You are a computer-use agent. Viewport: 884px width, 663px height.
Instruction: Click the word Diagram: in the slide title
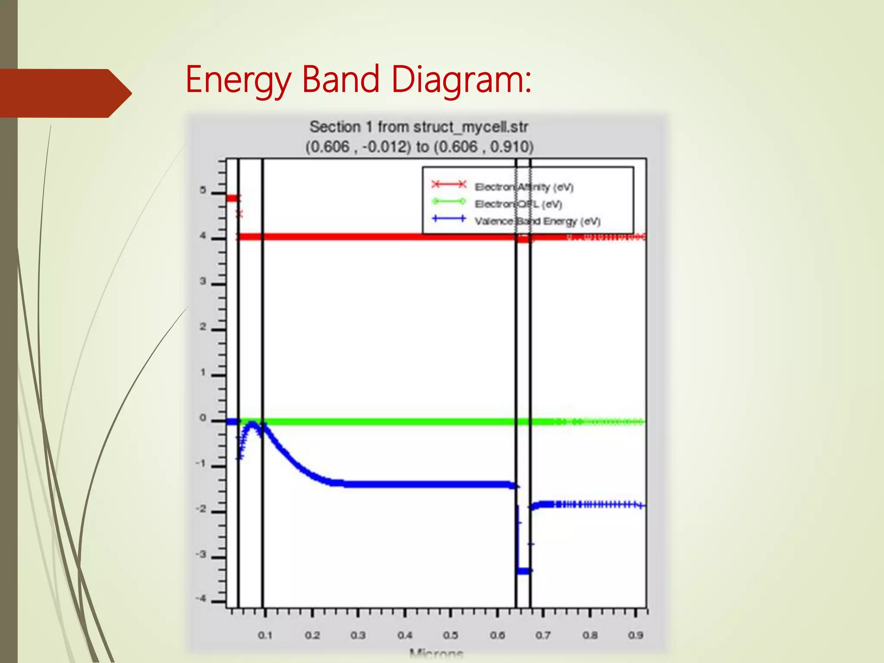tap(461, 80)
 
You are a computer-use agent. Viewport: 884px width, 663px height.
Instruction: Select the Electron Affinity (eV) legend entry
tap(524, 187)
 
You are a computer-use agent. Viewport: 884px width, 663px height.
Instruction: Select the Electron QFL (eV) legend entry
tap(518, 204)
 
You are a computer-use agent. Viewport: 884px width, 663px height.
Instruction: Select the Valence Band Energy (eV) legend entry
tap(537, 221)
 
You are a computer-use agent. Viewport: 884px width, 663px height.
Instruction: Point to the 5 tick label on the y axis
tap(203, 190)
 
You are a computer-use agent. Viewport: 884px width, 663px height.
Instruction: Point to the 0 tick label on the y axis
tap(203, 418)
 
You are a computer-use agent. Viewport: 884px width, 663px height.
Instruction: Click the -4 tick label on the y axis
tap(201, 599)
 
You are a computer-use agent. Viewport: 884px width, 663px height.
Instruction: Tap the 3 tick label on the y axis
tap(203, 281)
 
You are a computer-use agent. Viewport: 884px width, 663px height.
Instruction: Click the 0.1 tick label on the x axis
tap(265, 635)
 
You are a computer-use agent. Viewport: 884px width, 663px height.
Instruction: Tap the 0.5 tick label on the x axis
tap(450, 635)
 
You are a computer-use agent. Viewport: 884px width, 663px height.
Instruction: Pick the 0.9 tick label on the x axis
tap(635, 635)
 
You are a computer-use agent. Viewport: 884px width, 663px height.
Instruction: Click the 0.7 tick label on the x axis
tap(543, 635)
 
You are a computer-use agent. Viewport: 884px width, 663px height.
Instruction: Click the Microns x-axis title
tap(436, 654)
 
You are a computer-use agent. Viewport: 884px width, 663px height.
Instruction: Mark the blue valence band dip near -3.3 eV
tap(524, 571)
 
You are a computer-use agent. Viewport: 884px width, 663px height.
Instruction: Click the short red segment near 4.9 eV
tap(232, 199)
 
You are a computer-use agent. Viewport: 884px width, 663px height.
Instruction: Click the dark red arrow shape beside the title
tap(65, 93)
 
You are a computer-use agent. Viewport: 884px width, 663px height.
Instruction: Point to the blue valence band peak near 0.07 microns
tap(252, 425)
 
